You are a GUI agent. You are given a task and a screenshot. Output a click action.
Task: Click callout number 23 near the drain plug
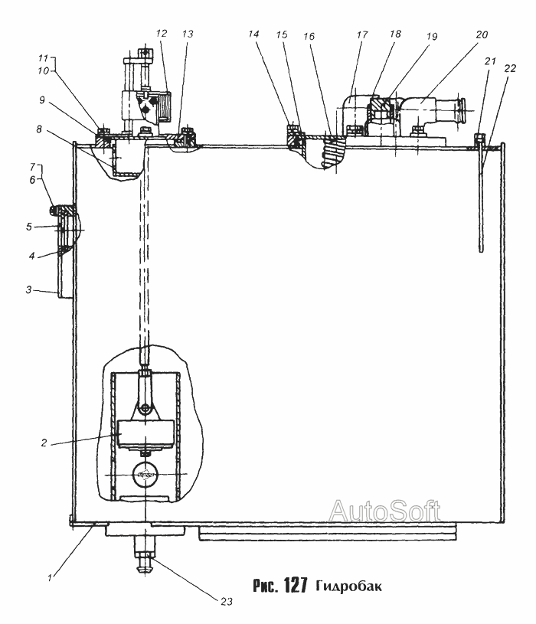coord(227,601)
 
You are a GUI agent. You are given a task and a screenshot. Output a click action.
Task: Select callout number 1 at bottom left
coord(50,577)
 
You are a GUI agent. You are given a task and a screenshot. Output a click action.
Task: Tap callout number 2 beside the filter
coord(44,443)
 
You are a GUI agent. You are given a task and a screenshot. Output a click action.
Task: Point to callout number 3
coord(28,289)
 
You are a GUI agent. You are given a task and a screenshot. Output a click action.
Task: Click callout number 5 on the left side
coord(29,227)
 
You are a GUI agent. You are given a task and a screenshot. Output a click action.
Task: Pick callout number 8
coord(39,129)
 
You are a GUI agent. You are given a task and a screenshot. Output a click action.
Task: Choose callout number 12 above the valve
coord(162,33)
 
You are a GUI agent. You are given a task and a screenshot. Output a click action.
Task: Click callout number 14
coord(253,34)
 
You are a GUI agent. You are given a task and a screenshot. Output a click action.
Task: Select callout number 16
coord(309,36)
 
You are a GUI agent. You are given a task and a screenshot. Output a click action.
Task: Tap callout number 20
coord(482,35)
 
